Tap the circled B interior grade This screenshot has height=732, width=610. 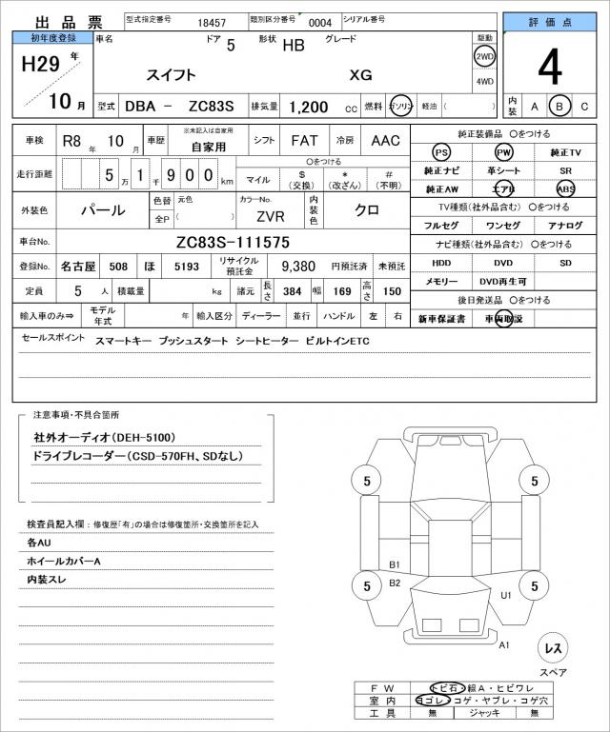pos(559,107)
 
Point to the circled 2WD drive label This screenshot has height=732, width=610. pos(484,57)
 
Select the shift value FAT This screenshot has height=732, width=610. pos(305,140)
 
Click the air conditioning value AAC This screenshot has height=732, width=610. pos(385,140)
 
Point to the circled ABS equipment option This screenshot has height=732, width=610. pos(565,188)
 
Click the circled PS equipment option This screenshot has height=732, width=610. pos(441,152)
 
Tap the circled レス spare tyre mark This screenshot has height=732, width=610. pos(552,648)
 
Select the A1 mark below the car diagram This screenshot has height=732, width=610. pos(504,644)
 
